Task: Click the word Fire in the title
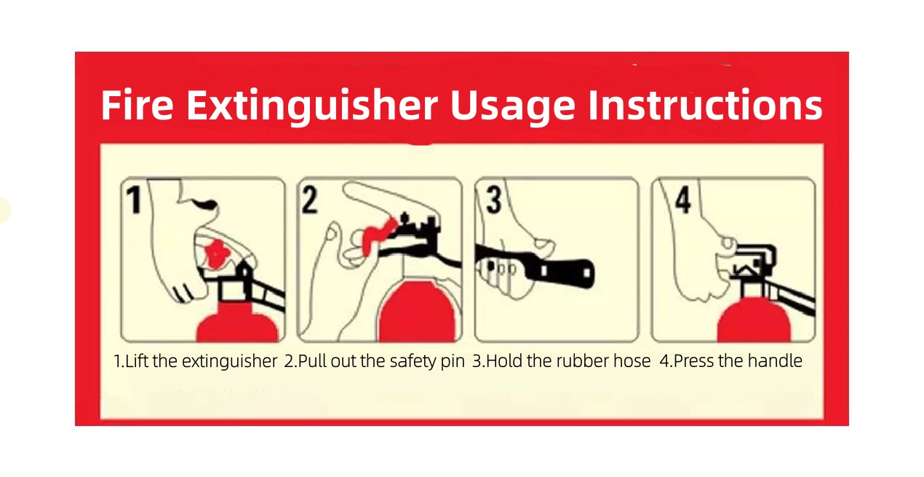(x=137, y=106)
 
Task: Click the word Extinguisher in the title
(x=312, y=106)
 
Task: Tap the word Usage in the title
(x=512, y=107)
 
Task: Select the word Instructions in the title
(x=705, y=106)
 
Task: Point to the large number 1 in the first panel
(x=134, y=200)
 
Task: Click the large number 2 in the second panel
(x=310, y=200)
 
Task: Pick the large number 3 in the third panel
(x=494, y=200)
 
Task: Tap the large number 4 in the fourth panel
(x=682, y=200)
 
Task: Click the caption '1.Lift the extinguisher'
(x=195, y=361)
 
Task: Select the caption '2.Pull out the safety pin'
(x=374, y=361)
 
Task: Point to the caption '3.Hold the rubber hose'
(x=562, y=361)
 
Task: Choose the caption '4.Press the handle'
(x=731, y=361)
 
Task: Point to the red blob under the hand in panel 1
(x=217, y=253)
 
